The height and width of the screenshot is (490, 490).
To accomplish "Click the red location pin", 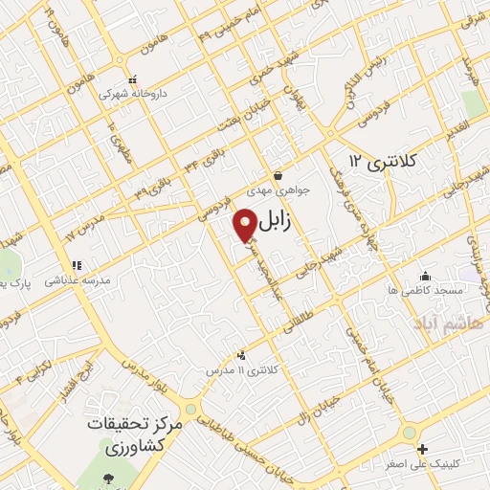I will coord(246,225).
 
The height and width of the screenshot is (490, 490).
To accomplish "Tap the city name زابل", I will coord(285,221).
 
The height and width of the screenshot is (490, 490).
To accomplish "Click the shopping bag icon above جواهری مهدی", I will coord(278,175).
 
